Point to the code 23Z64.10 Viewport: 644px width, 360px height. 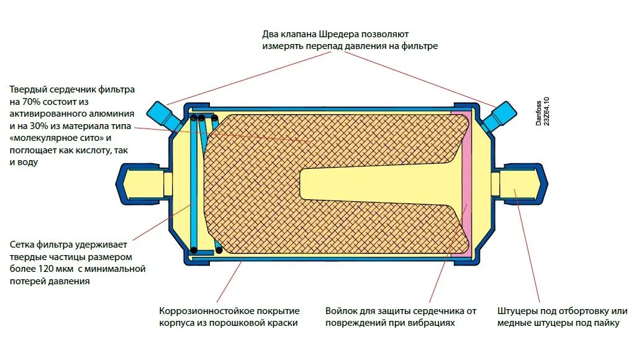[x=546, y=112]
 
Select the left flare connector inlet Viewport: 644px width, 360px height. [x=140, y=184]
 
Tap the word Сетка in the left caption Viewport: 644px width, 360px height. [x=23, y=245]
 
